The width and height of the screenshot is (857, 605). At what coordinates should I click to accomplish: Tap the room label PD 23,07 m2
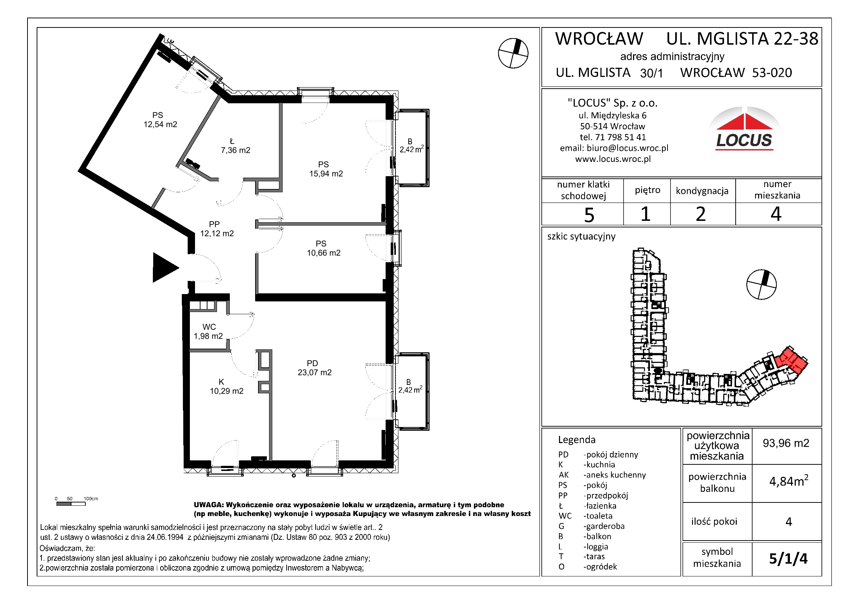coord(314,368)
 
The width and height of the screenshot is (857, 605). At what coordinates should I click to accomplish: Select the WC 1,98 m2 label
coord(208,331)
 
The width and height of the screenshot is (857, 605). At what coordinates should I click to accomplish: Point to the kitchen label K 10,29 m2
coord(226,386)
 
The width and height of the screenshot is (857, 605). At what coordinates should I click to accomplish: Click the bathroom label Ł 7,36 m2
coord(235,146)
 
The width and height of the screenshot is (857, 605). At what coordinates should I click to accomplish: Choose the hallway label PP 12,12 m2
coord(217,229)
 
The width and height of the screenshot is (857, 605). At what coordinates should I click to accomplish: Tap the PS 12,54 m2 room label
coord(160,120)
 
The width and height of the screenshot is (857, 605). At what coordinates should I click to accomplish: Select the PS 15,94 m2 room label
coord(325,169)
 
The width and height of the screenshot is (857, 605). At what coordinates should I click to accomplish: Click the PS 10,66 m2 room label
coord(323,248)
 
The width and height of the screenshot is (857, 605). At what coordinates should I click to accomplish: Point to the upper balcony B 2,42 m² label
coord(411,146)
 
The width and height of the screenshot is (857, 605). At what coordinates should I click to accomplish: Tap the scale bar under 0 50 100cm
coord(70,504)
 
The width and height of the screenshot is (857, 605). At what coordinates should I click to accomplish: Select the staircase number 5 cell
coord(589,215)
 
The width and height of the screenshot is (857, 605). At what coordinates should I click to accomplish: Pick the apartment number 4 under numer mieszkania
coord(776,214)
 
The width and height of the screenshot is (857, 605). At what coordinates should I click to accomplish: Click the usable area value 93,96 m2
coord(786,443)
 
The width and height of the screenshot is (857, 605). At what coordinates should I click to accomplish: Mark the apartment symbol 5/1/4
coord(788,558)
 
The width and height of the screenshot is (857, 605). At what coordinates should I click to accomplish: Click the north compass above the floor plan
coord(513,53)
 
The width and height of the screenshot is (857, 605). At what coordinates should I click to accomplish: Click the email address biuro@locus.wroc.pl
coord(627,148)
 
